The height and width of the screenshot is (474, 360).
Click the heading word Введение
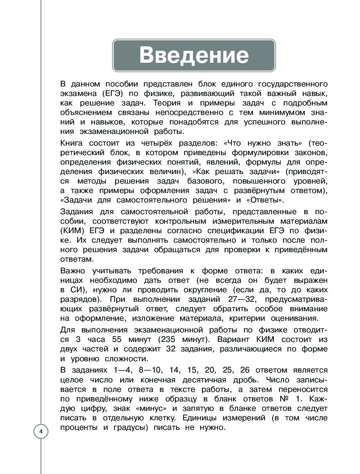[x=194, y=55]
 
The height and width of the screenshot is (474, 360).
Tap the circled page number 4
[x=41, y=432]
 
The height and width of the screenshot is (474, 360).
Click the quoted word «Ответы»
[x=265, y=200]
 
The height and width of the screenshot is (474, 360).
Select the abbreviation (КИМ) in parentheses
[x=73, y=231]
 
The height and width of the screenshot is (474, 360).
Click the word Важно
[x=72, y=271]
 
